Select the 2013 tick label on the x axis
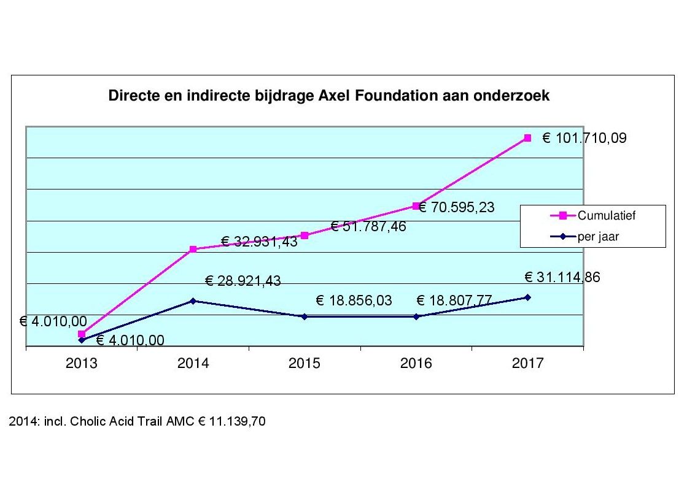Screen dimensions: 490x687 point(82,364)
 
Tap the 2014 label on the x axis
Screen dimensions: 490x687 point(193,364)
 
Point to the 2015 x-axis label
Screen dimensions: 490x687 point(305,364)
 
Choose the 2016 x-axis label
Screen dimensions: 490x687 point(416,364)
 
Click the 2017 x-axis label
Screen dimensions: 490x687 point(527,364)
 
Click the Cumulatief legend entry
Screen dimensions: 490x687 point(602,215)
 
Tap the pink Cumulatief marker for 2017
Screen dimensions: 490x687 point(527,138)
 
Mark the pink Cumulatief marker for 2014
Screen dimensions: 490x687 point(193,249)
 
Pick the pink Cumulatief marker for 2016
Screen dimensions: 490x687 point(416,206)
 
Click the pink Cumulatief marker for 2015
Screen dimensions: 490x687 point(305,235)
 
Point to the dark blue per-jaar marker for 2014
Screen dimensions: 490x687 point(193,301)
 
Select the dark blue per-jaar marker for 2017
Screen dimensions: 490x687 point(527,297)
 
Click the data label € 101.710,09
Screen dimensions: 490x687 point(584,139)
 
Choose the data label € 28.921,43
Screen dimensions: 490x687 point(243,281)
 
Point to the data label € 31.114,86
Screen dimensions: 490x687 point(562,277)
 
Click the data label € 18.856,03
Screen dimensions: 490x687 point(354,301)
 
